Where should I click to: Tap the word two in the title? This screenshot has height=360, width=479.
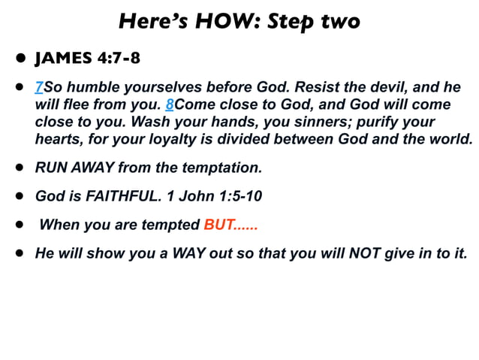click(336, 21)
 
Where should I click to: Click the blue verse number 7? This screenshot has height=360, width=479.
click(38, 88)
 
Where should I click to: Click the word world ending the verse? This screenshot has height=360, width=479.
click(451, 139)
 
